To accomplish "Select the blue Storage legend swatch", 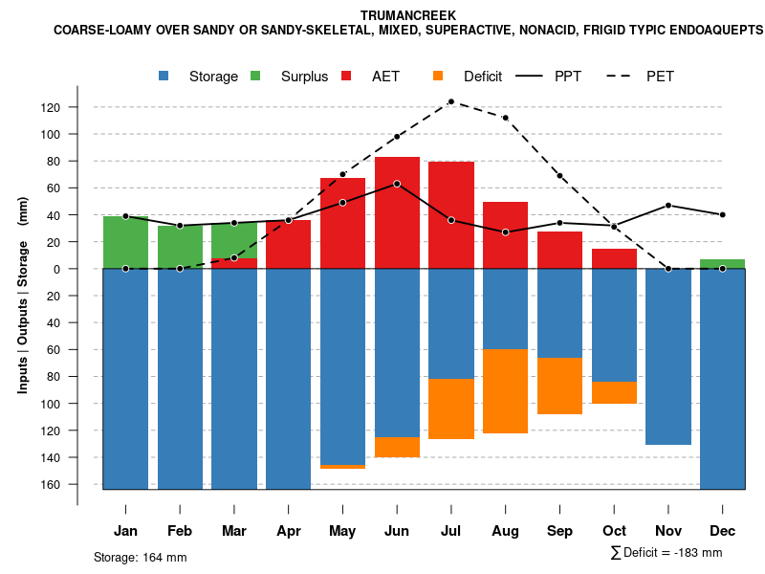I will click(165, 76).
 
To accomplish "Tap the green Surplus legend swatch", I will click(255, 76).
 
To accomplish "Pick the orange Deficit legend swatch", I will click(438, 76).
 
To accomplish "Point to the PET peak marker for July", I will click(451, 101).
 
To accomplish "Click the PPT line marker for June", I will click(397, 184).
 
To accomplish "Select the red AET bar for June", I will click(397, 220).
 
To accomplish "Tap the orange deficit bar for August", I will click(505, 391).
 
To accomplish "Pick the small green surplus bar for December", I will click(722, 263).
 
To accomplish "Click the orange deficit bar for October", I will click(614, 392).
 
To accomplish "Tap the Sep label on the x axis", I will click(559, 530).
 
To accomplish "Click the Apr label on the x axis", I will click(288, 530).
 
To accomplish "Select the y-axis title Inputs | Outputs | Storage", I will click(22, 296).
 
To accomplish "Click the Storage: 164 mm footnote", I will click(141, 557).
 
